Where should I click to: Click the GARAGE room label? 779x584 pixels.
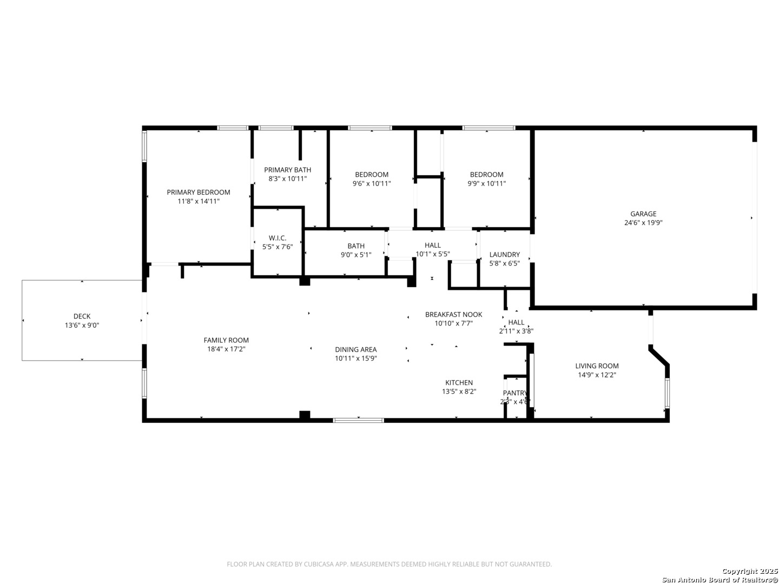pos(643,214)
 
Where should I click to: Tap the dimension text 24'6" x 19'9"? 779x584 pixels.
pos(643,223)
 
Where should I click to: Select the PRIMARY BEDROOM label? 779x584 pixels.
pos(198,192)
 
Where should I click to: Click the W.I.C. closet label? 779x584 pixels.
pos(278,238)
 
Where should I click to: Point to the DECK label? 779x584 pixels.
pos(82,316)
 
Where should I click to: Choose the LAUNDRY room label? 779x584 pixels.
pos(504,255)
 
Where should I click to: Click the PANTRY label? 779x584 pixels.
pos(514,393)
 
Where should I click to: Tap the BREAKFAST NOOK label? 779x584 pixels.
pos(453,315)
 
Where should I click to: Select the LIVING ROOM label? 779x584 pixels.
pos(597,366)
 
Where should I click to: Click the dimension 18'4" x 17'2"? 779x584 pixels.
pos(226,349)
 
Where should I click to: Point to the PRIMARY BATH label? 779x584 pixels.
pos(287,170)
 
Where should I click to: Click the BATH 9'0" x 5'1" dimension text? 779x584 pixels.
pos(356,255)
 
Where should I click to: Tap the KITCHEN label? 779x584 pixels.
pos(459,383)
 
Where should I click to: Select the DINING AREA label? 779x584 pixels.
pos(355,349)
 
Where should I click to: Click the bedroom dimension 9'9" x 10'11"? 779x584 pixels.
pos(486,183)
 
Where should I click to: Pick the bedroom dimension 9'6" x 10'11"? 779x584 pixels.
pos(372,183)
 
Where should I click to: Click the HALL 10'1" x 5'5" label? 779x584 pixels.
pos(432,245)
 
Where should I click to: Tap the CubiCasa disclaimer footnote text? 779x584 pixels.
pos(389,564)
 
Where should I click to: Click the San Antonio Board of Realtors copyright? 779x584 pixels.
pos(719,580)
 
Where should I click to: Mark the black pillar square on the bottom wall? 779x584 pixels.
pos(305,415)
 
